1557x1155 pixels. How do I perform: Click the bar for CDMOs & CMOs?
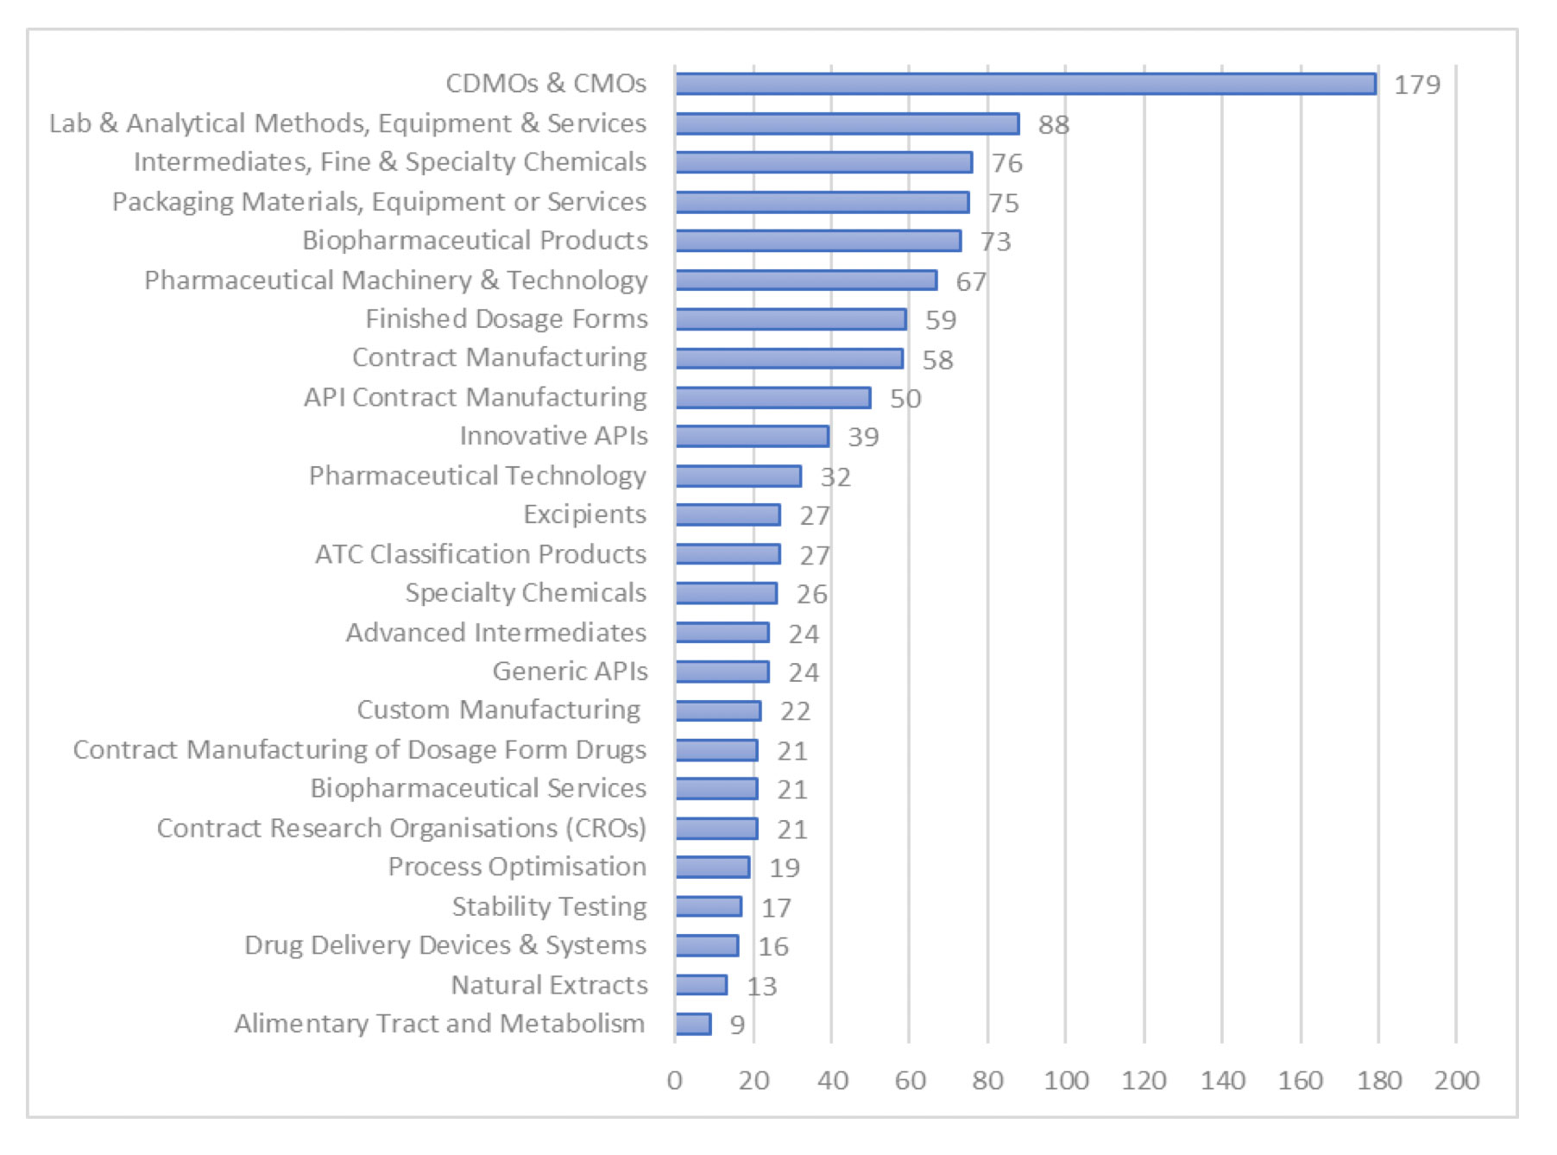point(1025,84)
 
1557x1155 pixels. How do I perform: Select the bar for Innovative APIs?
point(752,436)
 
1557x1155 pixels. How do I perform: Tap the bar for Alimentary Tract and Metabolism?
point(693,1024)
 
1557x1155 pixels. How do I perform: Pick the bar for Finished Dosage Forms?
point(791,319)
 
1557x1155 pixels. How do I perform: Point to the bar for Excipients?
point(728,514)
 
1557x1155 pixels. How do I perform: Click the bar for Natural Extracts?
point(701,985)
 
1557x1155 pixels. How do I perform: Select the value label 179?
point(1417,85)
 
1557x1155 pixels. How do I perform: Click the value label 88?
point(1053,124)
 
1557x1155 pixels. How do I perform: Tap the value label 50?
point(905,398)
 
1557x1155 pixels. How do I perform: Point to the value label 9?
point(737,1025)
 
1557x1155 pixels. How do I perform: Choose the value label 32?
point(835,477)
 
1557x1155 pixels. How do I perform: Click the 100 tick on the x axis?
point(1066,1080)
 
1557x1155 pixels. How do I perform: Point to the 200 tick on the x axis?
point(1457,1080)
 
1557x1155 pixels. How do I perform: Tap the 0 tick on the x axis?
point(675,1080)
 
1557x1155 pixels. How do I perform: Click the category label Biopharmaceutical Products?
point(475,240)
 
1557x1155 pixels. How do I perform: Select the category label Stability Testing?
point(549,906)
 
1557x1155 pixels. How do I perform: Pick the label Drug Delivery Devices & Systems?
point(445,945)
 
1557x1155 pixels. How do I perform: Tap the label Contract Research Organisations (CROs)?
point(401,828)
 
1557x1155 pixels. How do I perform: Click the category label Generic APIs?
point(570,671)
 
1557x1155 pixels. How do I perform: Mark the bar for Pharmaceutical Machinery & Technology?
point(806,280)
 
